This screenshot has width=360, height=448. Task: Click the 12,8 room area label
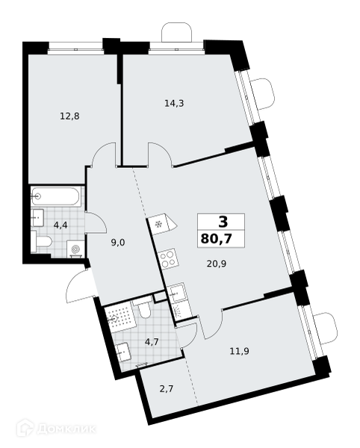coord(69,116)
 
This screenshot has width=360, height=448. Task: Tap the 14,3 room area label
coord(174,103)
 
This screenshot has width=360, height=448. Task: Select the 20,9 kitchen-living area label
coord(217,264)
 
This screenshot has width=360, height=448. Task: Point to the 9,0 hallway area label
coord(118,243)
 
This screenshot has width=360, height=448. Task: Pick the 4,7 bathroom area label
coord(152,342)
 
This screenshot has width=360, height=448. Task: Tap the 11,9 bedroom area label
coord(240,351)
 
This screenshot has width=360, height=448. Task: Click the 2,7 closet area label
coord(167,389)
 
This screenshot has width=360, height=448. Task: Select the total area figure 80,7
coord(216,238)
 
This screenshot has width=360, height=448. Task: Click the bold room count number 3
coord(223,222)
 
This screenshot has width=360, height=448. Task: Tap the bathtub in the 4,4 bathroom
coord(56,196)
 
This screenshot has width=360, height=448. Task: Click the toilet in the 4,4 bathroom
coord(42,242)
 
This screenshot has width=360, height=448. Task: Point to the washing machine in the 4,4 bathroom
coord(75,249)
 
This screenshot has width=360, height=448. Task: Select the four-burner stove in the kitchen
coord(168,259)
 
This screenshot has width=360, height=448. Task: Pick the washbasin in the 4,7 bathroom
coord(123,352)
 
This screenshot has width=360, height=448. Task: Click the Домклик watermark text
coord(66,429)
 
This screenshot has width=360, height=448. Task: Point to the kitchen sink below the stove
coord(176,292)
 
